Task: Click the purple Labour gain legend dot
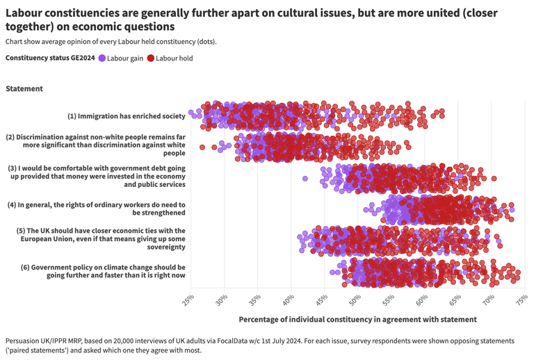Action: point(102,58)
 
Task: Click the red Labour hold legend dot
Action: point(151,58)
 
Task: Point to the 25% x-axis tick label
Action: point(189,300)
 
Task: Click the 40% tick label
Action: point(289,300)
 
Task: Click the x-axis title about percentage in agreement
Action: point(357,320)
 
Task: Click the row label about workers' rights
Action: point(97,208)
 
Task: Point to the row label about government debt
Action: point(97,177)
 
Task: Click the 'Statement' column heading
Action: point(24,89)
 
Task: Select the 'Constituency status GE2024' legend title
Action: point(50,58)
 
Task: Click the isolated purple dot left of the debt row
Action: point(305,179)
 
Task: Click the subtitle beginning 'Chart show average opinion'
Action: point(111,42)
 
